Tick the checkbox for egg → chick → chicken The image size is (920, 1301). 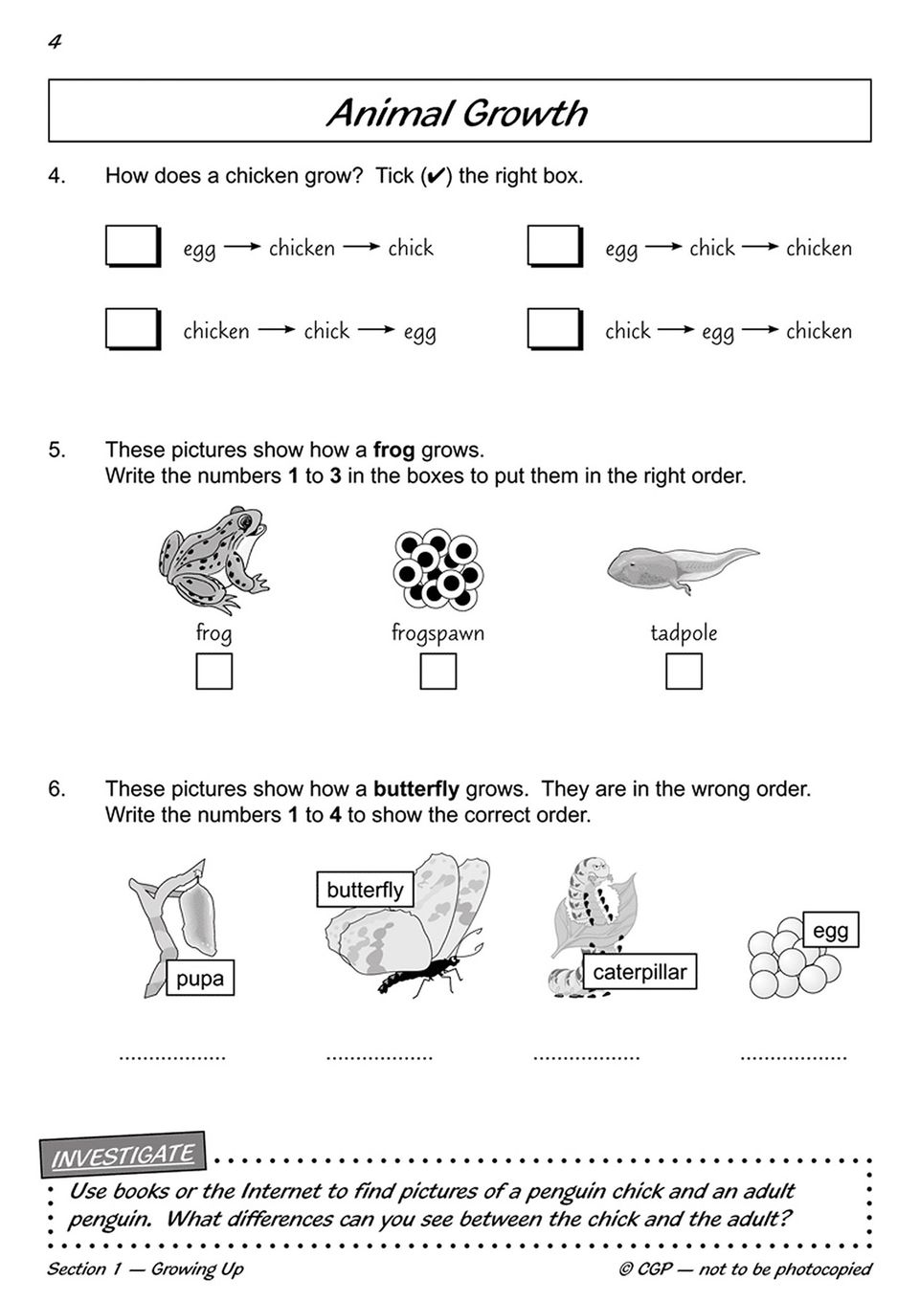pos(553,246)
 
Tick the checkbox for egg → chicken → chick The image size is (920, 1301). pos(131,246)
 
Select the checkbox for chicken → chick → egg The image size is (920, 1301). pos(131,329)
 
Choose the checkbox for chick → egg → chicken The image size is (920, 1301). pos(553,329)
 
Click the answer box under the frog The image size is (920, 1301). pos(213,672)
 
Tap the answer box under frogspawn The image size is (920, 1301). pos(438,672)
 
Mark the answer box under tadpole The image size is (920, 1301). pos(684,672)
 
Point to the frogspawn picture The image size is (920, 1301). pos(438,568)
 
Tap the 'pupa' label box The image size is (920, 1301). pos(200,979)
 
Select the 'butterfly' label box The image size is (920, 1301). pos(365,890)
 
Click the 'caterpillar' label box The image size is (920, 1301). pos(640,973)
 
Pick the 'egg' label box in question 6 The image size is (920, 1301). pos(830,930)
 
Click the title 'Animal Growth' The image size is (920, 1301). pos(458,113)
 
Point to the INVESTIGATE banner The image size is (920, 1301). pos(123,1156)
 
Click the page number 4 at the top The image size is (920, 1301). pos(55,41)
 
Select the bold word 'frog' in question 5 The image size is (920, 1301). pos(393,450)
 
